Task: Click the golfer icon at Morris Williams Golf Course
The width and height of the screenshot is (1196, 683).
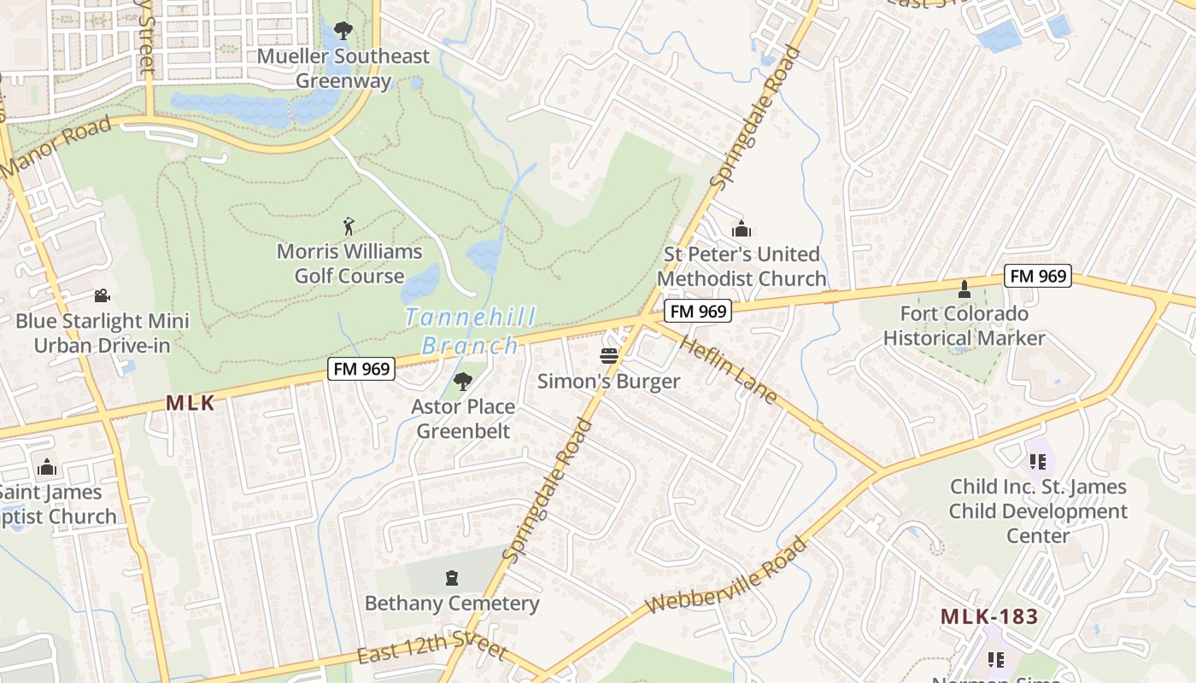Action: (349, 226)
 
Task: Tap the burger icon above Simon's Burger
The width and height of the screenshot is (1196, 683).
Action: (609, 356)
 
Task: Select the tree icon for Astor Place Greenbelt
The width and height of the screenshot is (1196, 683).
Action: (463, 381)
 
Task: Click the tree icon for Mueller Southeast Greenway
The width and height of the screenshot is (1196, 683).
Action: (343, 31)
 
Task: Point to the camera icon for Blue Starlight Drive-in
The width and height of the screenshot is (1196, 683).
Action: (102, 295)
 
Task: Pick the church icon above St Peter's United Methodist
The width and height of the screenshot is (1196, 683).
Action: (741, 229)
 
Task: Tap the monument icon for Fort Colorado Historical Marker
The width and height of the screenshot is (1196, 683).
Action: (964, 289)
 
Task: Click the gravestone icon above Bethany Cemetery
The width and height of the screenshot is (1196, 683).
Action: (452, 578)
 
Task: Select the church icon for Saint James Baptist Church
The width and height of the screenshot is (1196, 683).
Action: (48, 467)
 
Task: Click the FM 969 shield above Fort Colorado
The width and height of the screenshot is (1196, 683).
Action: (1038, 276)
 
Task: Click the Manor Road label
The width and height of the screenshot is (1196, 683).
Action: (56, 147)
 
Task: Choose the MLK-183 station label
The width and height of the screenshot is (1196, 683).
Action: (989, 616)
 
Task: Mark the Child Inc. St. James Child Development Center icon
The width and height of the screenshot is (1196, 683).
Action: (1038, 462)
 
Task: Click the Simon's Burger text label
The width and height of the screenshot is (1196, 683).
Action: (609, 382)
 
